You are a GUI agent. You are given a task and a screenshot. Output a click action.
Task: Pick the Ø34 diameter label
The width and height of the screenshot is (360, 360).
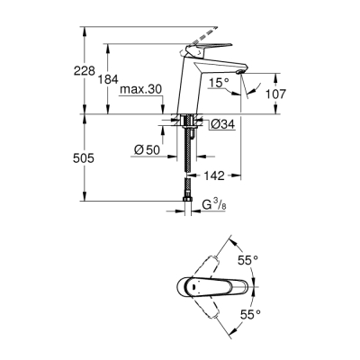(222, 125)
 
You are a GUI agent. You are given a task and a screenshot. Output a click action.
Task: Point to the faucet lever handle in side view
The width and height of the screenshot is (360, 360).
(211, 50)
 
